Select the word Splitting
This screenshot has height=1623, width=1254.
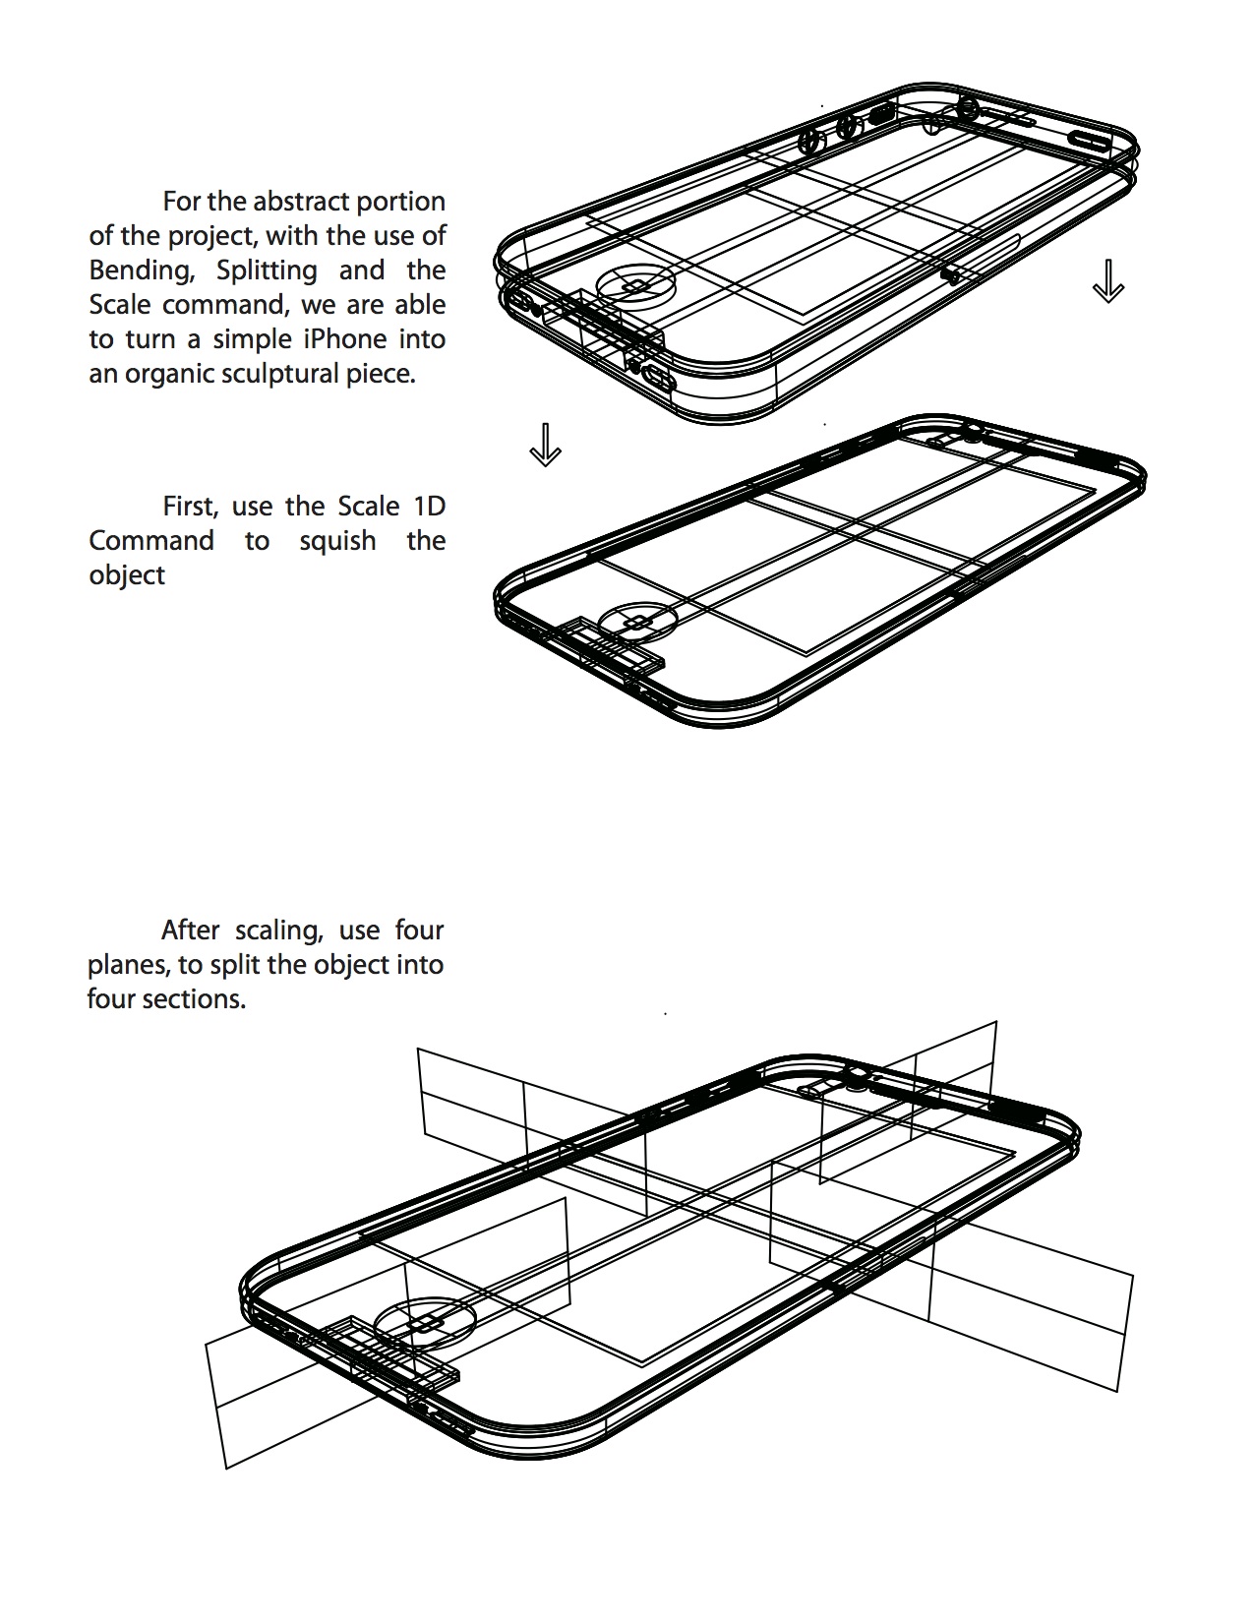click(267, 270)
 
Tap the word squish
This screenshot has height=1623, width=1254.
click(337, 541)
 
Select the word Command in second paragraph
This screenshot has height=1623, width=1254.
click(150, 541)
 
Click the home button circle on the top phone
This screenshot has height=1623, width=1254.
click(637, 285)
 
